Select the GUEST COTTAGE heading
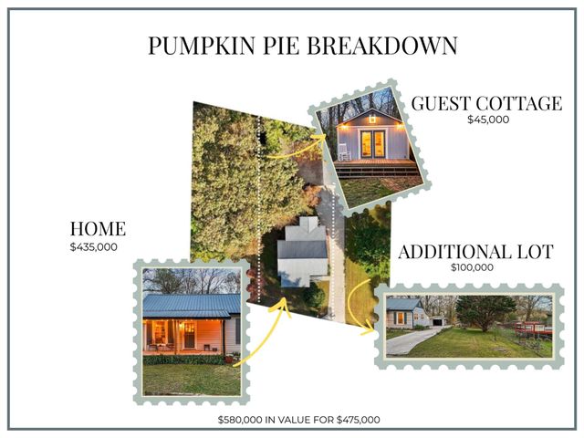tap(485, 103)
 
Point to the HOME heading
tap(98, 229)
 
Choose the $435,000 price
tap(94, 246)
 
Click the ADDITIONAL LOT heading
tap(475, 252)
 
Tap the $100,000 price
tap(472, 268)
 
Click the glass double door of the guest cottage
tap(371, 142)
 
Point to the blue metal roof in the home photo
tap(192, 303)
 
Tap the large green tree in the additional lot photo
tap(484, 310)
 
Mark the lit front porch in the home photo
tap(182, 333)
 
